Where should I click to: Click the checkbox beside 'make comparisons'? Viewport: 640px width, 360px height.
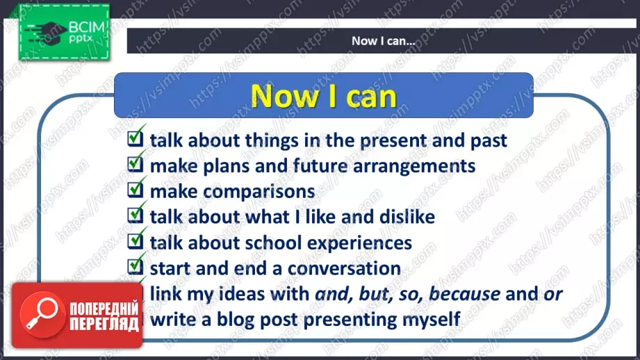point(135,190)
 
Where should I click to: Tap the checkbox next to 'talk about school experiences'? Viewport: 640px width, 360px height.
point(135,241)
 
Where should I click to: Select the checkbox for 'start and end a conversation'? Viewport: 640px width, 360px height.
point(135,266)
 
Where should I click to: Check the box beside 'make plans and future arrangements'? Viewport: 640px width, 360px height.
point(135,164)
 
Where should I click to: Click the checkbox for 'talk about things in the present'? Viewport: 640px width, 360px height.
point(135,138)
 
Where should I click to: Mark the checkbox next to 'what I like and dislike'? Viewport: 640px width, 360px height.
point(135,215)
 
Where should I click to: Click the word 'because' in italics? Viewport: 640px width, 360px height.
point(464,293)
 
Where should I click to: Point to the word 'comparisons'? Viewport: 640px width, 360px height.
point(259,192)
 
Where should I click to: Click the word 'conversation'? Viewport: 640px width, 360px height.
point(344,268)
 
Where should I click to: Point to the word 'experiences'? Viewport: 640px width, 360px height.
point(359,243)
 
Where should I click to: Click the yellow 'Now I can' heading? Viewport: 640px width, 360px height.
point(324,97)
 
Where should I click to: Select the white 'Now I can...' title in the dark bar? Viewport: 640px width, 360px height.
point(384,41)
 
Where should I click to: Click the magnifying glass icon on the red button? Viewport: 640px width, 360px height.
point(42,315)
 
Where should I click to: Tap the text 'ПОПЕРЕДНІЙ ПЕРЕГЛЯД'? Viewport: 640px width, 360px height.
point(104,316)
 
